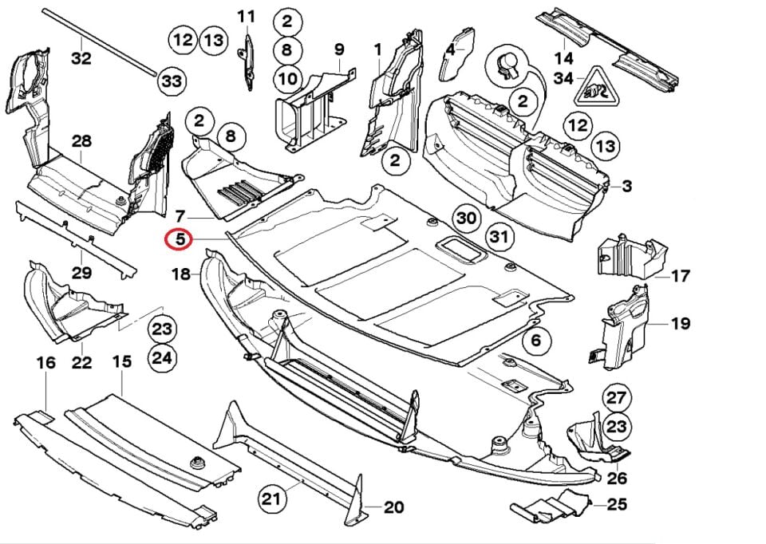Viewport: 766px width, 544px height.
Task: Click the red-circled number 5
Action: coord(176,238)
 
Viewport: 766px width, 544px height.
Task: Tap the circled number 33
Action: coord(172,81)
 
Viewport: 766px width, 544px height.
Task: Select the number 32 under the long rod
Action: coord(81,58)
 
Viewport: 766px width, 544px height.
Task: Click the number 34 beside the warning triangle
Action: coord(563,78)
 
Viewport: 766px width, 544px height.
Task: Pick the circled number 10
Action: coord(287,78)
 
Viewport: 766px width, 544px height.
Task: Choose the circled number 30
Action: coord(466,218)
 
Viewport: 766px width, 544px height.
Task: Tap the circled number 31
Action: coord(499,236)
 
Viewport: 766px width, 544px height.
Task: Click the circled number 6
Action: coord(535,341)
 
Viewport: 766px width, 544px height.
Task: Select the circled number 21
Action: coord(272,499)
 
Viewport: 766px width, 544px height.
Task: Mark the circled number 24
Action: coord(162,358)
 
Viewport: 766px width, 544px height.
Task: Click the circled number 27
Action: coord(616,398)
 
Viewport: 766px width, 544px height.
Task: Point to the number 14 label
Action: coord(564,58)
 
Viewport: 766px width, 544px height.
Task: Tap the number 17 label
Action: coord(680,277)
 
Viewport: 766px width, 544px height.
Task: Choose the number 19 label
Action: coord(680,324)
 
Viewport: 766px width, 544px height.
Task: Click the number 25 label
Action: coord(616,504)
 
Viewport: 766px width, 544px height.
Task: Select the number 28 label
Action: coord(81,141)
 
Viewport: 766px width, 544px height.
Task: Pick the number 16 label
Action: coord(46,363)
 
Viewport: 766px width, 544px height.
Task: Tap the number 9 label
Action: coord(338,49)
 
